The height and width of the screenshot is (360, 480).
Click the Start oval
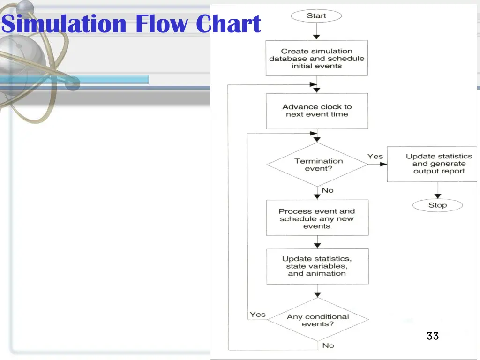coord(316,16)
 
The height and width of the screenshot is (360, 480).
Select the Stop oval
coord(437,205)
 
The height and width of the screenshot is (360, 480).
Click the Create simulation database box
coord(317,58)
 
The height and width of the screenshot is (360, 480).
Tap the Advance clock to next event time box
coord(317,111)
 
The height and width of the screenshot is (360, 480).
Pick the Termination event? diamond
coord(317,165)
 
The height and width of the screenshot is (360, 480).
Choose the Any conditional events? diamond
coord(318,320)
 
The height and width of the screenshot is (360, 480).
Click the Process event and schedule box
coord(317,218)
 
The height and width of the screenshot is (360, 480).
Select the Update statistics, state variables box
coord(318,266)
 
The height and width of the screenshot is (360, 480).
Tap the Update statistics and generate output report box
coord(432,164)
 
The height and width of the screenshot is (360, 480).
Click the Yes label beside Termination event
coord(375,157)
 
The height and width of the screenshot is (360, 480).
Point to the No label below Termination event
coord(328,190)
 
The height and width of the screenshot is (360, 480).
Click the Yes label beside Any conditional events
coord(257,315)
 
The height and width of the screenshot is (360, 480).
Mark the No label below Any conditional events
coord(328,345)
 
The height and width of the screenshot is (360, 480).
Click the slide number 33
coord(433,336)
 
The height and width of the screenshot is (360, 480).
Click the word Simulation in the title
coord(64,23)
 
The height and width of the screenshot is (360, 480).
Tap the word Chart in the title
coord(228,23)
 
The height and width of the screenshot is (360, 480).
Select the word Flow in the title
coord(161,23)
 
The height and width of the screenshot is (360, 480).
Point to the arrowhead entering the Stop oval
coord(438,196)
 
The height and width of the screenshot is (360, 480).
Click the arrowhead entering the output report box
coord(383,165)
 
